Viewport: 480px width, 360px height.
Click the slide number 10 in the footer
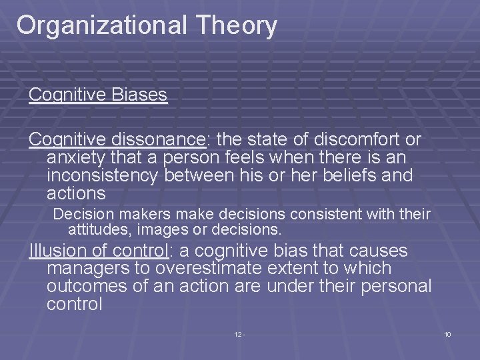tap(447, 333)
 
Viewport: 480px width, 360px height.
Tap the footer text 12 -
tap(239, 333)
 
